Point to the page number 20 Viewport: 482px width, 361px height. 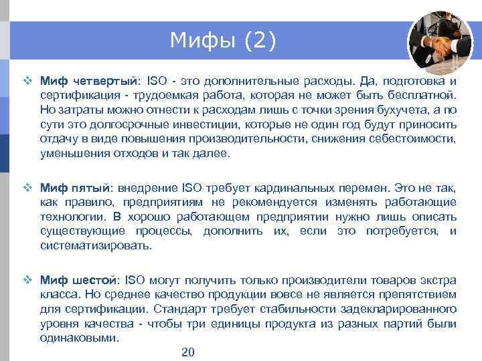188,352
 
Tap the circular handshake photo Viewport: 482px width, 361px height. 440,42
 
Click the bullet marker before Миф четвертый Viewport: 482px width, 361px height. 28,81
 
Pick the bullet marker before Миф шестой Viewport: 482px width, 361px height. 28,280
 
